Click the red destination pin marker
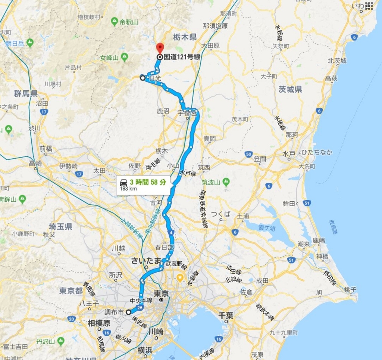[160, 48]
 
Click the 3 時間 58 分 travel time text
[148, 182]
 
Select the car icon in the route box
[123, 183]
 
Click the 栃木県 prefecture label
[185, 37]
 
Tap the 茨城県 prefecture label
[290, 89]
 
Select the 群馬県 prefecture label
[26, 93]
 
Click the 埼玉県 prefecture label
[60, 226]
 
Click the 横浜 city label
[145, 350]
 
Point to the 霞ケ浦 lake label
[266, 227]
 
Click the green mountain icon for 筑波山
[226, 182]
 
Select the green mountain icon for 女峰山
[124, 57]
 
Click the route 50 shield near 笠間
[249, 154]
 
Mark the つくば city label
[221, 214]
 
